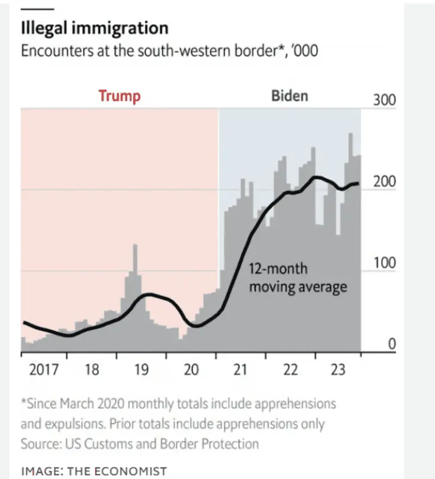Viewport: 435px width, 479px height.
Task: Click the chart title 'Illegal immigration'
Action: coord(94,28)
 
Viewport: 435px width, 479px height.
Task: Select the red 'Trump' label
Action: coord(119,96)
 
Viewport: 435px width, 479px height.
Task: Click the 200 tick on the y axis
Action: coord(384,182)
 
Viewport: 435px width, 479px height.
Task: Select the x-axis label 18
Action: coord(92,370)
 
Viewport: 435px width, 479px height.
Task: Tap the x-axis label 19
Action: coord(141,370)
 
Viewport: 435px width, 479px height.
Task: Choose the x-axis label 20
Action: coord(190,370)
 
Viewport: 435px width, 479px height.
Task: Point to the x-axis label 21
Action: coord(239,370)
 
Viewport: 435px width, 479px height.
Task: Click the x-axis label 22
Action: coord(289,370)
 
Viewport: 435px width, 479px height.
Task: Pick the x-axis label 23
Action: coord(337,370)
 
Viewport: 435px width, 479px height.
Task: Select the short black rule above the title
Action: coord(37,10)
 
